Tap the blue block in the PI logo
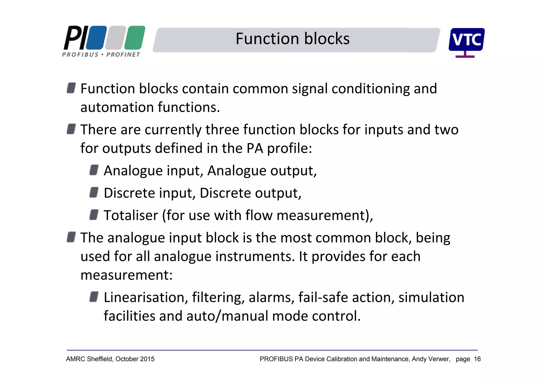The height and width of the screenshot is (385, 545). tap(96, 38)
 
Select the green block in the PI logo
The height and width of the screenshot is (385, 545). tap(135, 38)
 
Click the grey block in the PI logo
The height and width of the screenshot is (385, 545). tap(115, 38)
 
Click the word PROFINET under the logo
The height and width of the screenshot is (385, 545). tap(123, 55)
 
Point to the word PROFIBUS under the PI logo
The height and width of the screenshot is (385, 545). tap(80, 55)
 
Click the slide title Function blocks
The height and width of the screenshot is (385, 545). tap(292, 39)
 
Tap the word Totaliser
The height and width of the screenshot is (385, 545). tap(131, 215)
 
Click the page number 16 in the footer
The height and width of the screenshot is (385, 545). tap(477, 359)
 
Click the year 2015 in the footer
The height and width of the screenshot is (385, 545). tap(147, 359)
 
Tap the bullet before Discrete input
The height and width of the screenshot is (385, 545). tap(94, 192)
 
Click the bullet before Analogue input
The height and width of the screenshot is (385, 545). tap(94, 170)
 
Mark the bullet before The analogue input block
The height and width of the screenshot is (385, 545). tap(71, 237)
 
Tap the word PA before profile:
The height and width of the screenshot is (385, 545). tap(255, 148)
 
